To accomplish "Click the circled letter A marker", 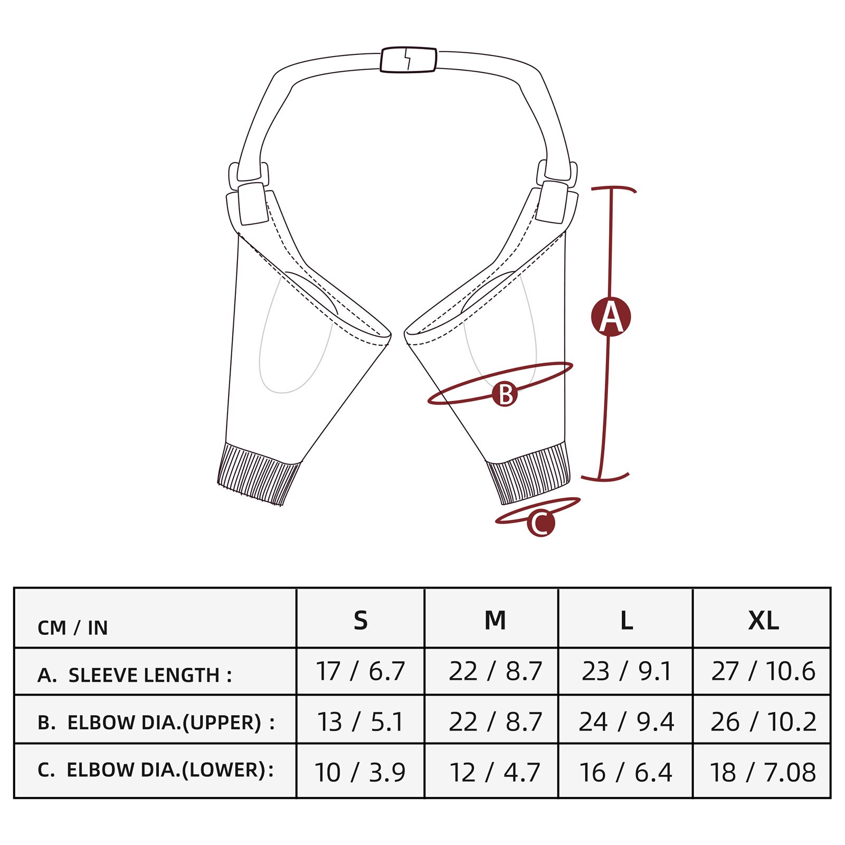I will tap(611, 317).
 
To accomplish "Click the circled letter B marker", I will tap(505, 394).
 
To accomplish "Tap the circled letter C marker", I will tap(540, 523).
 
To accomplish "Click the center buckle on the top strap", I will tap(409, 60).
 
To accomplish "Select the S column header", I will tap(360, 620).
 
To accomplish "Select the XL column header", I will tap(763, 620).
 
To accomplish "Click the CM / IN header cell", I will tap(72, 627).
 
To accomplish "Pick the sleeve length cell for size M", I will tap(495, 671).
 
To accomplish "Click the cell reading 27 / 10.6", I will tap(763, 671).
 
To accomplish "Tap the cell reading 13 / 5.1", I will tap(360, 721).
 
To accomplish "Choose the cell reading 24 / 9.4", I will tap(626, 721).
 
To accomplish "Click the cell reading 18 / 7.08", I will tap(763, 772).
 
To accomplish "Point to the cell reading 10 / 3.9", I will tap(360, 772).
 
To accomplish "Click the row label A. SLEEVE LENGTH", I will tap(135, 675).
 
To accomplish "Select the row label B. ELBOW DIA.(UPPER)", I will tap(156, 722).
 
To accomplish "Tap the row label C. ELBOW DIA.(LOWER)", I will tap(156, 770).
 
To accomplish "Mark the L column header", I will tap(626, 620).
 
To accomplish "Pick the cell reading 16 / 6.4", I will tap(626, 772).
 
